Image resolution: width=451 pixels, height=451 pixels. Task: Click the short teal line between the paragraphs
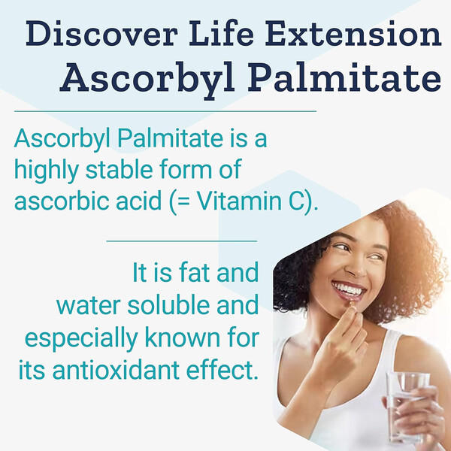[182, 241]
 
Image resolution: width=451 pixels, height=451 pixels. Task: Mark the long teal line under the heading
[165, 111]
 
